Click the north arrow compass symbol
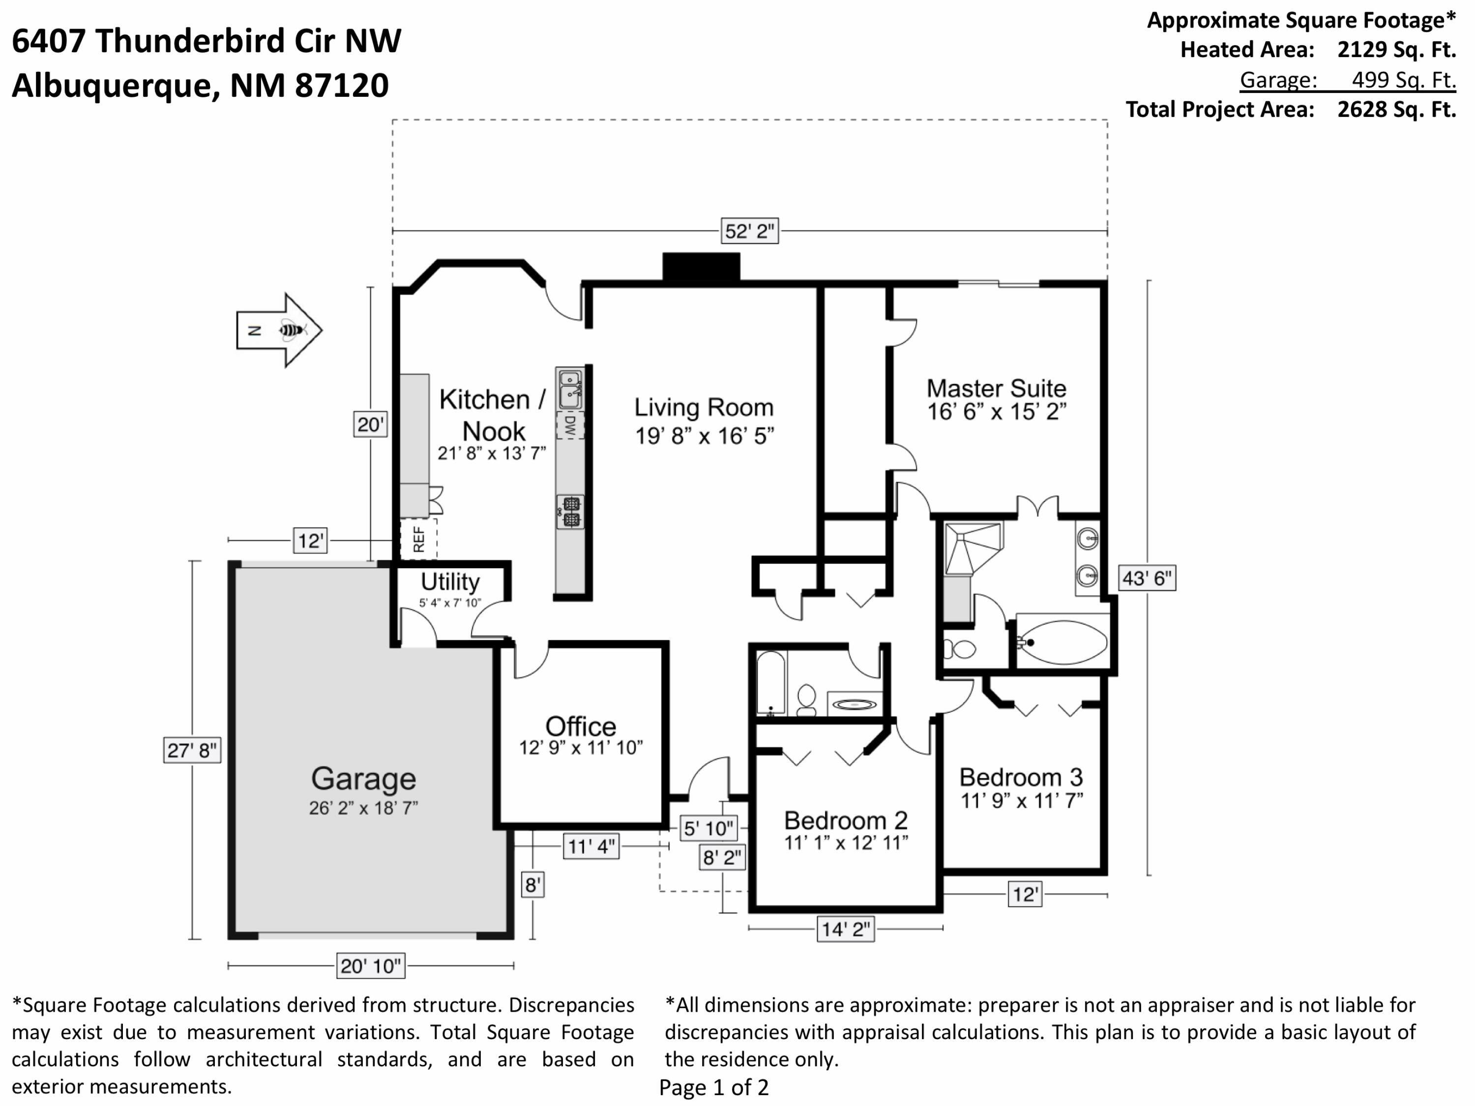coord(279,330)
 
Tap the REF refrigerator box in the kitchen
coord(418,539)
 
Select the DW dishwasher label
coord(570,425)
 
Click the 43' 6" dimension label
coord(1147,578)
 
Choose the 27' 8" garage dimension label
coord(192,751)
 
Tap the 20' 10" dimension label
coord(371,965)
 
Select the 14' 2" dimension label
coord(846,929)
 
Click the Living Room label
coord(704,407)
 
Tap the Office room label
coord(581,726)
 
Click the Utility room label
coord(450,582)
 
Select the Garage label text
coord(363,779)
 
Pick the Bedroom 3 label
coord(1021,777)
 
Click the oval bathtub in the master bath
coord(1063,642)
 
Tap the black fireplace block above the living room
coord(701,267)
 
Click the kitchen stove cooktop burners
coord(571,512)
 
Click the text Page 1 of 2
coord(713,1087)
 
